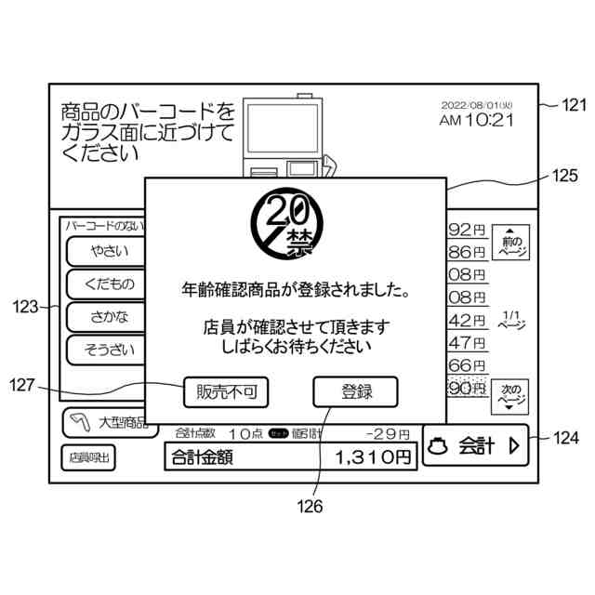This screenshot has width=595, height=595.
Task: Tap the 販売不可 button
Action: click(x=226, y=392)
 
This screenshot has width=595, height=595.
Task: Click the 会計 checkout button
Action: click(x=474, y=446)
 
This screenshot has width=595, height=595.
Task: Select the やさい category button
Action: click(x=110, y=251)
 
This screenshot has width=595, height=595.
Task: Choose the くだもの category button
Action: click(x=110, y=284)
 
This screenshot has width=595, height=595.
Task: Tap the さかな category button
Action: click(x=110, y=317)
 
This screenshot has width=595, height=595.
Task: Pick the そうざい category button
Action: click(x=110, y=350)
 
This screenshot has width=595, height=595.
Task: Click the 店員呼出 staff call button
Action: click(x=90, y=457)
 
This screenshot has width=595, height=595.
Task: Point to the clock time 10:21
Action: click(x=490, y=120)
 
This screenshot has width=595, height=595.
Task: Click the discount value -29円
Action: click(x=387, y=433)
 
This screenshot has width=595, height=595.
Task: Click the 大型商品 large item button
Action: click(x=107, y=424)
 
